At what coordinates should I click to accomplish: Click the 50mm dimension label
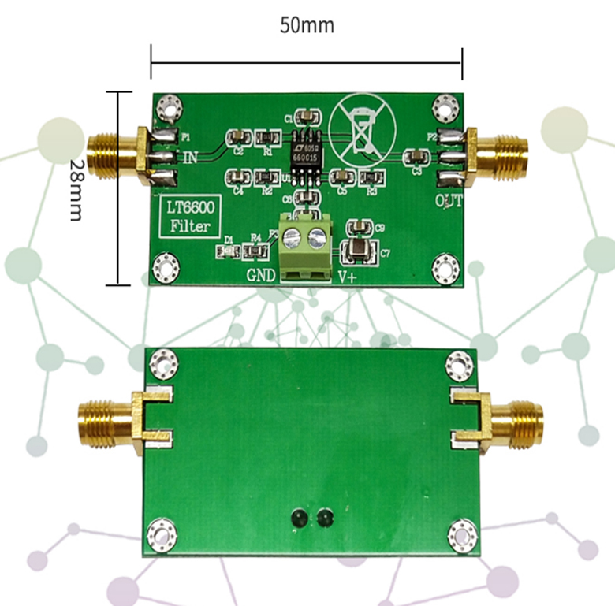[x=307, y=25]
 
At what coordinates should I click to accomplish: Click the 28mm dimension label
[x=76, y=188]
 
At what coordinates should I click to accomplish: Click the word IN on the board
[x=190, y=158]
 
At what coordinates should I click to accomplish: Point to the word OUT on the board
[x=449, y=200]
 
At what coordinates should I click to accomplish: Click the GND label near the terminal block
[x=262, y=276]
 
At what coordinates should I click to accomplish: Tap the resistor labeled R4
[x=255, y=251]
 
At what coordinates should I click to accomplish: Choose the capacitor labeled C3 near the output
[x=416, y=156]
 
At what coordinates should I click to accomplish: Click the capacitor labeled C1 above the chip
[x=307, y=117]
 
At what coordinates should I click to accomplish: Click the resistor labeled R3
[x=370, y=178]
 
